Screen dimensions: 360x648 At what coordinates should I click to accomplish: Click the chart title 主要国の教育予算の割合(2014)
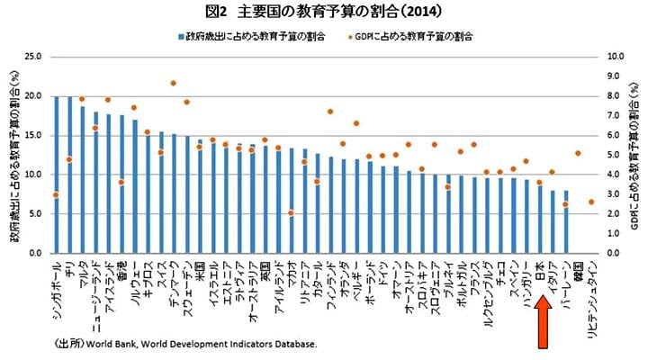323,12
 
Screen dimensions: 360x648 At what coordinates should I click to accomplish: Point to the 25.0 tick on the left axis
34,56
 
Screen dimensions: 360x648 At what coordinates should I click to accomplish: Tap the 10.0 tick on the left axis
34,175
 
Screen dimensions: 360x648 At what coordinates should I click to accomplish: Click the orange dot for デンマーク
173,84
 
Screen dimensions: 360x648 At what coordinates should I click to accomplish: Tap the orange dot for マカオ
292,213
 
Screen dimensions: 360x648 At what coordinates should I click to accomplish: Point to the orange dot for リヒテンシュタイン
591,202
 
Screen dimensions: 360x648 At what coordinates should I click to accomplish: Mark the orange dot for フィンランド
330,112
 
